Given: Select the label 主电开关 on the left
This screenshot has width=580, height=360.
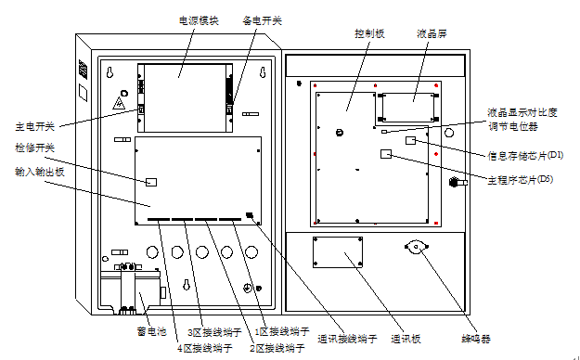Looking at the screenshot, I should pos(34,125).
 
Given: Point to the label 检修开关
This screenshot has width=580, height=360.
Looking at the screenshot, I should pos(34,148).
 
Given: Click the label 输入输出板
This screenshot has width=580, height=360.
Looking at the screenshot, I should pos(38,171).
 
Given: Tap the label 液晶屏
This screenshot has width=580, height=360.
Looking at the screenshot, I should pos(432,32).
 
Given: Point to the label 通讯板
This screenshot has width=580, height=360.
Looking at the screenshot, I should pos(405,339).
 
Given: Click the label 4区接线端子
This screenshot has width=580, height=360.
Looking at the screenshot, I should pos(203,349).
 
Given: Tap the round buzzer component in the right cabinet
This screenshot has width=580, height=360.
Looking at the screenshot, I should pos(414,249).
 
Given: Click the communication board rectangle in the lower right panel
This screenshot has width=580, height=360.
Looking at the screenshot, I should pos(338,251).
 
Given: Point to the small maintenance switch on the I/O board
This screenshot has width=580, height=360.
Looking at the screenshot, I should pos(154,181).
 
